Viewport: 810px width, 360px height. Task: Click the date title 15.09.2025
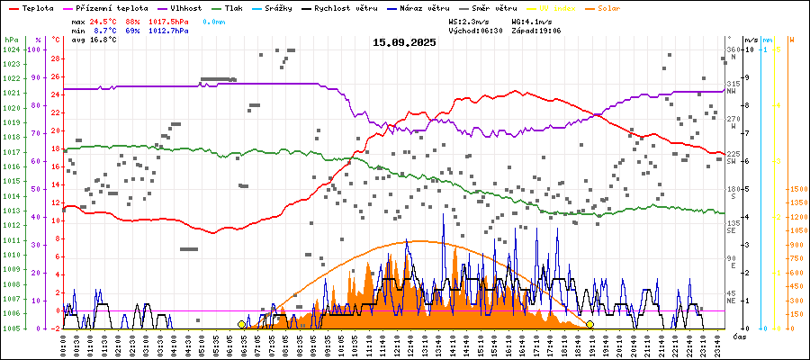[404, 41]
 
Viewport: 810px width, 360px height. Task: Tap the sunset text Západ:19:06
[536, 30]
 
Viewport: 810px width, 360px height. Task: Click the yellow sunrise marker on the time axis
[241, 324]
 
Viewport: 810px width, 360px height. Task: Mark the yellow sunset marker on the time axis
[589, 324]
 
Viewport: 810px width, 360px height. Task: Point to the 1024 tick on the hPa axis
[12, 49]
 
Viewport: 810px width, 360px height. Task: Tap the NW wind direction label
[733, 91]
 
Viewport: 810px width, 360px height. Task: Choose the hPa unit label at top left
[10, 40]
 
